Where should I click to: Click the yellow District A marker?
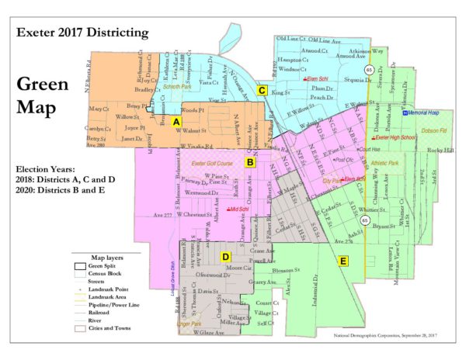(177, 123)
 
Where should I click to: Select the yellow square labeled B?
(250, 162)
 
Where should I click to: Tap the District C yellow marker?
(263, 91)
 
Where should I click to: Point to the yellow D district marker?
(225, 257)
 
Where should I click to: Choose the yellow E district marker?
(343, 262)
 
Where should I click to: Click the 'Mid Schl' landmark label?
(238, 209)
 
